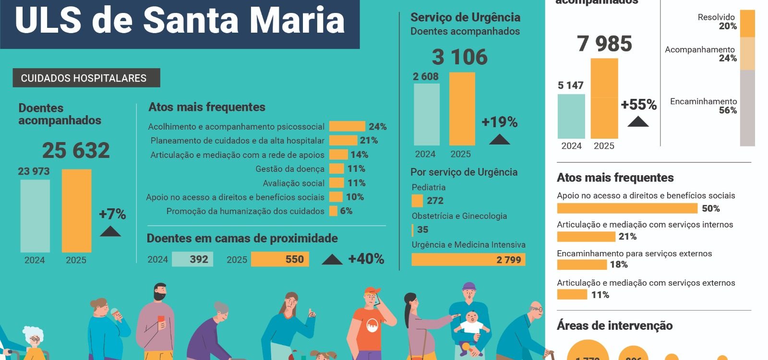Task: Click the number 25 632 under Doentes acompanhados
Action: [x=76, y=150]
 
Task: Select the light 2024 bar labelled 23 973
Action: [x=35, y=216]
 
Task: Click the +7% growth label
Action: [x=112, y=214]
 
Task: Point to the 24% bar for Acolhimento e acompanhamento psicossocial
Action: [x=347, y=127]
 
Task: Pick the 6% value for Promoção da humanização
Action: [x=346, y=211]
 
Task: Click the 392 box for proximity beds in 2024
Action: [x=192, y=259]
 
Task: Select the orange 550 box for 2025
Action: [x=280, y=259]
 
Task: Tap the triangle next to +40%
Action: [x=332, y=260]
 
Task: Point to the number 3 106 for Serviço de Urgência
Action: [x=459, y=57]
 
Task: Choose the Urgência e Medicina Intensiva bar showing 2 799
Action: [x=468, y=260]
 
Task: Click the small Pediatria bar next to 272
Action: [x=417, y=201]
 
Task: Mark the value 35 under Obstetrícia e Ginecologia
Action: [x=423, y=229]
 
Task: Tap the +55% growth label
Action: [x=638, y=105]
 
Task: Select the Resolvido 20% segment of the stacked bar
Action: [x=747, y=24]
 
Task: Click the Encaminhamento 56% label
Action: [x=703, y=106]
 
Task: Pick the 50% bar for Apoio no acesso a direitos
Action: [x=627, y=208]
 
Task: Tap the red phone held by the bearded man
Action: [x=161, y=319]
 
